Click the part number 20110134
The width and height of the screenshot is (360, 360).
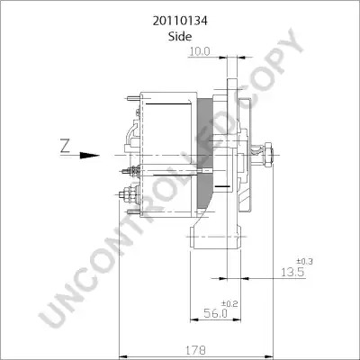click(180, 22)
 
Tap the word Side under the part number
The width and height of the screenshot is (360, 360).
click(180, 37)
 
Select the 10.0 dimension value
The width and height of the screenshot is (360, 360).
click(200, 51)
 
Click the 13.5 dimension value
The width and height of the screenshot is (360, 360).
click(292, 272)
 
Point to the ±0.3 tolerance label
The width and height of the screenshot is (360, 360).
click(304, 262)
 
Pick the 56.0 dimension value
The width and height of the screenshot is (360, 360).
click(215, 313)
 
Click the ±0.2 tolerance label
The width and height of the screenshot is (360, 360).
click(229, 304)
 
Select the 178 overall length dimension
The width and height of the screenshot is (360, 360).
click(196, 350)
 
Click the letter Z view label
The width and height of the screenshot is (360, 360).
click(65, 146)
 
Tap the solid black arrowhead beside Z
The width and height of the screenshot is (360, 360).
click(89, 156)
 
